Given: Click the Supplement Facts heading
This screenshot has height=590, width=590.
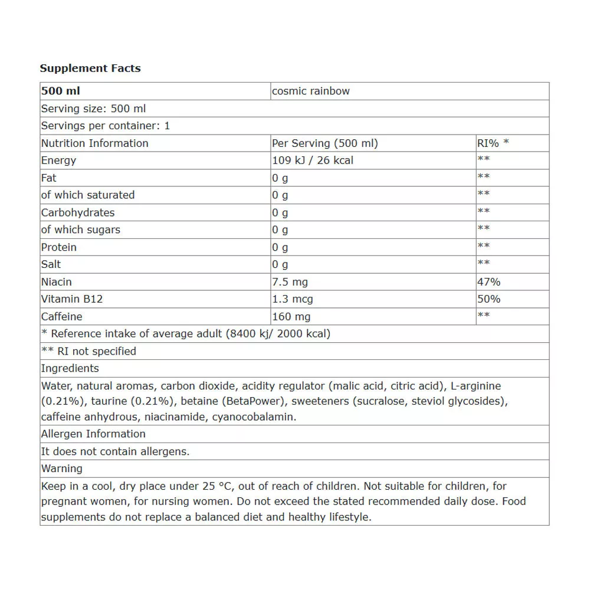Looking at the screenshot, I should coord(90,68).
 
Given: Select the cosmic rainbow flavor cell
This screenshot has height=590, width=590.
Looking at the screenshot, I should coord(310,91).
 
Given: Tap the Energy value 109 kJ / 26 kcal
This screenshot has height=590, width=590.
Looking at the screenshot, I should coord(313,160).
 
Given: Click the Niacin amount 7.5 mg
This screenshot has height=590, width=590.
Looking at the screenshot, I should coord(290,282).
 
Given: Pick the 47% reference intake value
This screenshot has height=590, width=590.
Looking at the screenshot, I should coord(489,282).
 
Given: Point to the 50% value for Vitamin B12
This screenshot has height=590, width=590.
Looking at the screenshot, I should coord(489,299).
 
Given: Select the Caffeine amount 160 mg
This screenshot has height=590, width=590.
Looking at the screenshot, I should coord(291,317).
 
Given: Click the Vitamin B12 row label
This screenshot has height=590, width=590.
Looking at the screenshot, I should coord(72,299).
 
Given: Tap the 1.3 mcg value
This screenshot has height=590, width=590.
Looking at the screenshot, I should coord(291,299).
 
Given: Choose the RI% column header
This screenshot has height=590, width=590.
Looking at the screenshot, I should coord(493,143).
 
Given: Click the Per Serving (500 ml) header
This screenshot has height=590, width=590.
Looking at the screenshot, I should coord(324,143).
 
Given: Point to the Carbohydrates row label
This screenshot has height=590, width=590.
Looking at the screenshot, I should coord(78,212).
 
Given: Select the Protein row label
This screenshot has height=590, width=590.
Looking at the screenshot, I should coord(59,247).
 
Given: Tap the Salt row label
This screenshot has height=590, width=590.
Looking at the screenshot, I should coord(51,264).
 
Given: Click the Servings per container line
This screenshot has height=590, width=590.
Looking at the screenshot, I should coord(105,126).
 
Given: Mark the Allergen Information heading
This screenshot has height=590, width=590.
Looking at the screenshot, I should coord(93,434).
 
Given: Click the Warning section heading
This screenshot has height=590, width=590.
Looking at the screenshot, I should coord(62,469).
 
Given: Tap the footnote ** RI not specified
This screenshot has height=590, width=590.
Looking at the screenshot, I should coord(88,351).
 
